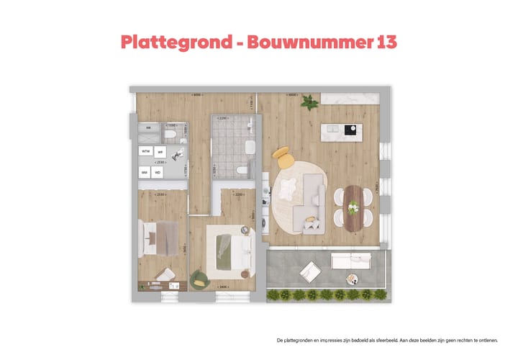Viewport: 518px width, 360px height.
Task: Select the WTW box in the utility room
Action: (146, 152)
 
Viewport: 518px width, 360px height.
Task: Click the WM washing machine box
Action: (145, 173)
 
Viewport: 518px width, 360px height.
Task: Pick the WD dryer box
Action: (158, 173)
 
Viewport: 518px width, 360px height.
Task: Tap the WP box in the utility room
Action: (160, 152)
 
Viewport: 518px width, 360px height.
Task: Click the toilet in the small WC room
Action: (171, 134)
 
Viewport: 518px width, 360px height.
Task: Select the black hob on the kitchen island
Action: (352, 130)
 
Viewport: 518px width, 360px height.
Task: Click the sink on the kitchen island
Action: (333, 130)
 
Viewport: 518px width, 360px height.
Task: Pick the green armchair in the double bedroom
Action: (198, 279)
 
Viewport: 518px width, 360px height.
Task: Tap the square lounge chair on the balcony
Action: (310, 271)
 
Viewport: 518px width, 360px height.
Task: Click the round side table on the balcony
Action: (351, 279)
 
